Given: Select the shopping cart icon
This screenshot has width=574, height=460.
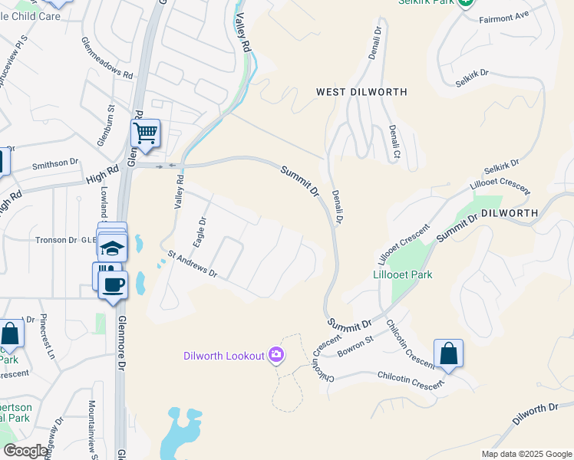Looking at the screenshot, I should point(145,133).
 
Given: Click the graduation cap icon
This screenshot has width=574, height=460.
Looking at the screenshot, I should point(112,248).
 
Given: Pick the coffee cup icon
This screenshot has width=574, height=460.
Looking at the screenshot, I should point(114,284).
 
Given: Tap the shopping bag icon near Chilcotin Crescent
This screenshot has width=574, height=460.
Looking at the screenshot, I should point(448,353).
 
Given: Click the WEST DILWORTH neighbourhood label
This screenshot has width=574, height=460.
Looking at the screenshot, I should point(361,92).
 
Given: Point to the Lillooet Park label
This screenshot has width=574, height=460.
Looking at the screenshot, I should point(402,274).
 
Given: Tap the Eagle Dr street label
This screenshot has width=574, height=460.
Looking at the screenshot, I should point(200,232).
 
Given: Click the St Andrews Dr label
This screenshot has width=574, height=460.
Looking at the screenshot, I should point(192,265).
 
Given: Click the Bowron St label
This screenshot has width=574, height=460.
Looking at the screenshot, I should point(355,345).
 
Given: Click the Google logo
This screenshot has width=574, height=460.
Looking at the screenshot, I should point(25,451).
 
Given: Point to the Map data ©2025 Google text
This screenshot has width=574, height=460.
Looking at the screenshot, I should point(526,454).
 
